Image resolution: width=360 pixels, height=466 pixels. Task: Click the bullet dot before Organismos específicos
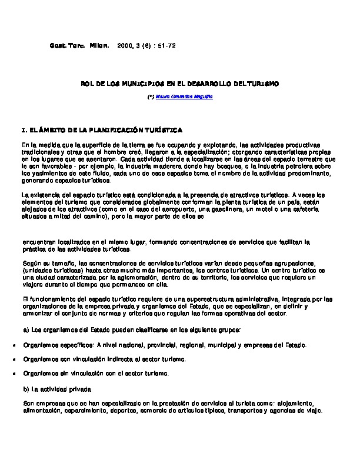coord(14,345)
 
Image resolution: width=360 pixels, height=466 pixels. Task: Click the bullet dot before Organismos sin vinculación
coord(14,373)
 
